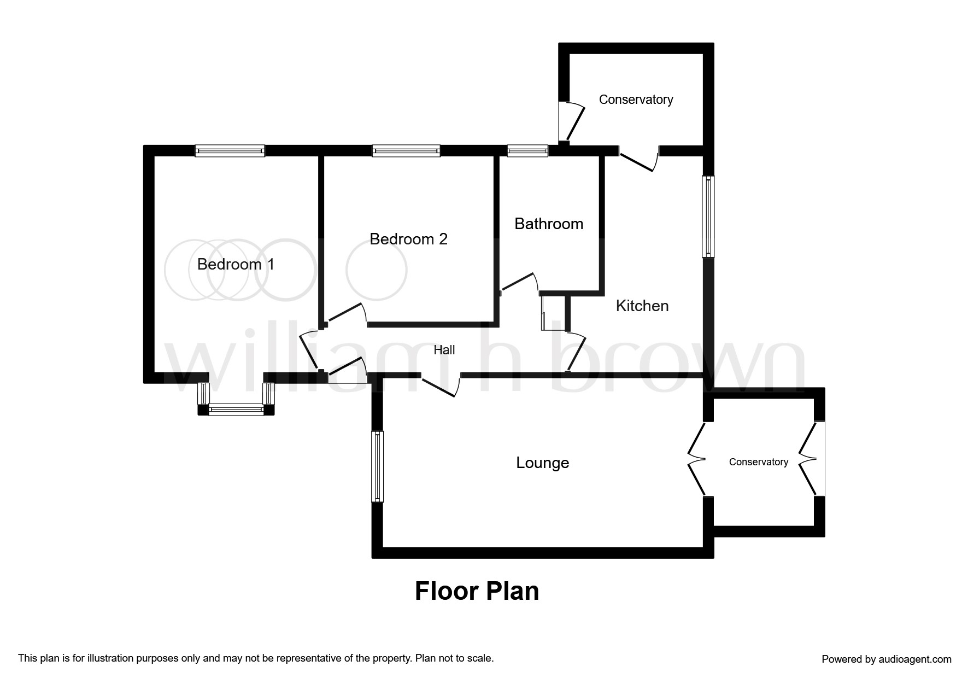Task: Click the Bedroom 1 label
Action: (x=236, y=265)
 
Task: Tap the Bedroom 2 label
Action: (x=409, y=239)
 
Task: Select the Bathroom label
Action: (x=549, y=224)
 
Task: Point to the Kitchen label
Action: (x=642, y=306)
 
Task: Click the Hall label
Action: (x=444, y=350)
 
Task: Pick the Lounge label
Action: (x=543, y=463)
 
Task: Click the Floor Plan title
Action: (x=477, y=591)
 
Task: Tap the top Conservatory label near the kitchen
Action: (x=636, y=100)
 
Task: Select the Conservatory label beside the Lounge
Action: (x=759, y=462)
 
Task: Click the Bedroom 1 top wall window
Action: (x=230, y=151)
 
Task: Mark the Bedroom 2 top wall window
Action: (x=406, y=151)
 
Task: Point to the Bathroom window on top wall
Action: (x=527, y=151)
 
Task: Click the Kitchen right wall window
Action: (x=708, y=216)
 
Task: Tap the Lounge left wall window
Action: (x=378, y=466)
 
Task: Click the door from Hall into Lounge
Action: (x=441, y=385)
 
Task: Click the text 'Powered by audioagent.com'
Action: (x=887, y=659)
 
